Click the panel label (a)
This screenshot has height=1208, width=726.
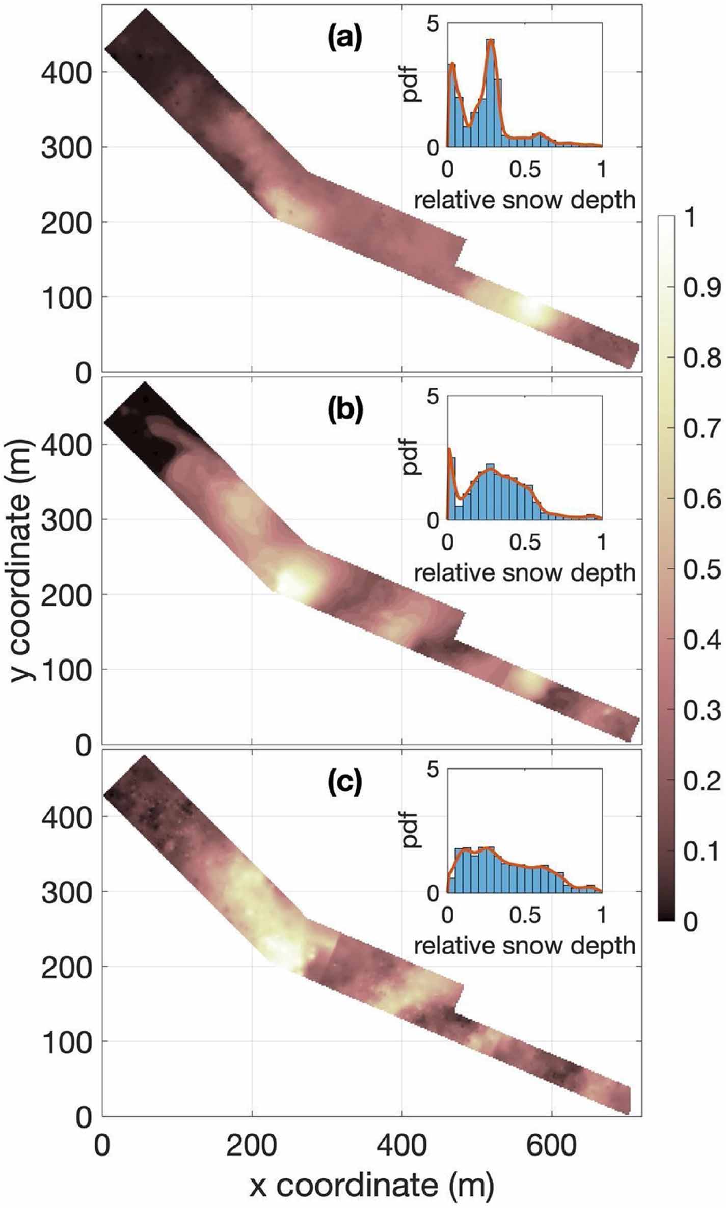(344, 39)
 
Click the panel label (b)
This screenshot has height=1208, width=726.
(344, 411)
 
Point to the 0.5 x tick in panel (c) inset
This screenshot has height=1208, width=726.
(525, 916)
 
